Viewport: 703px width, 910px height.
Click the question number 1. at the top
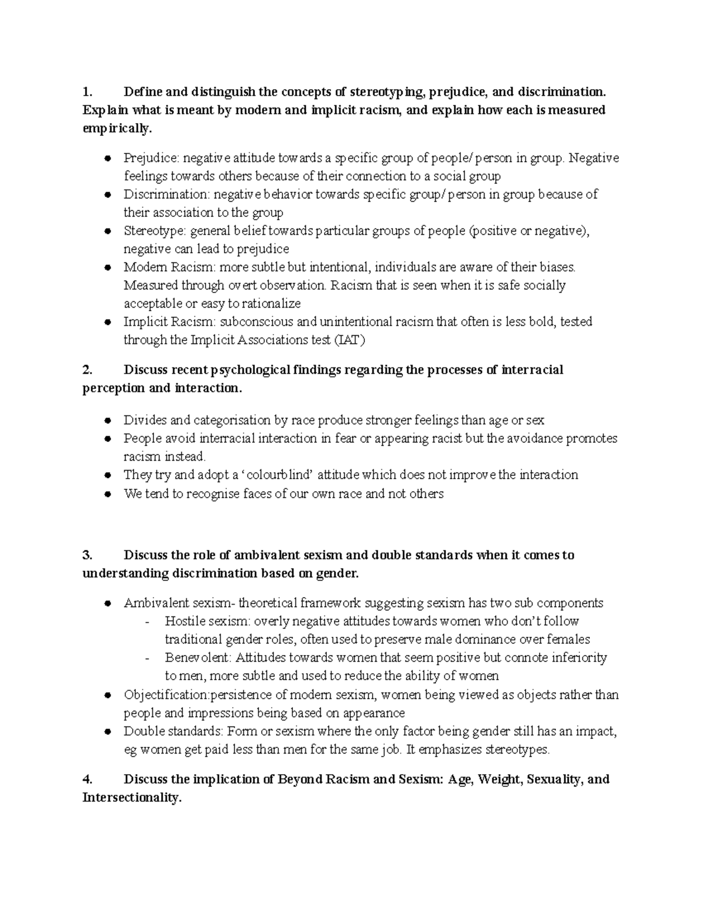pyautogui.click(x=87, y=92)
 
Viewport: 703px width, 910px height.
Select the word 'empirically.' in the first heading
pyautogui.click(x=117, y=128)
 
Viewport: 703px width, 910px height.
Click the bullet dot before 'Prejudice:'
pyautogui.click(x=107, y=158)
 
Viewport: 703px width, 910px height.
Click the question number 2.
pyautogui.click(x=87, y=370)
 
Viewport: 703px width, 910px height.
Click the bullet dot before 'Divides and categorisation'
pyautogui.click(x=107, y=420)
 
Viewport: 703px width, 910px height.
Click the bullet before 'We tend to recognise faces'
pyautogui.click(x=107, y=493)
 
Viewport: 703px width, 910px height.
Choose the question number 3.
pyautogui.click(x=87, y=555)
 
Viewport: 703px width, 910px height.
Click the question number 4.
pyautogui.click(x=87, y=779)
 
